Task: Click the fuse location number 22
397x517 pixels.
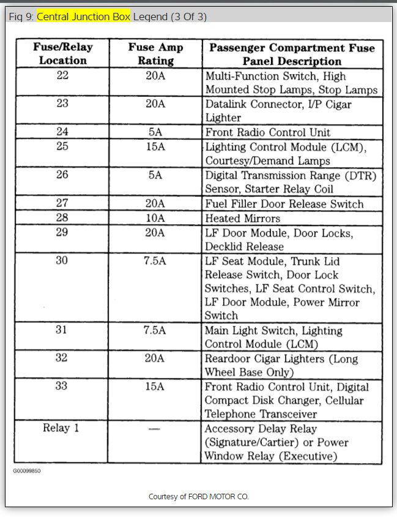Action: pyautogui.click(x=62, y=76)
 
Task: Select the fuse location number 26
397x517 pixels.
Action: pyautogui.click(x=62, y=175)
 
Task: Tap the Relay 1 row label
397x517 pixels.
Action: pyautogui.click(x=61, y=428)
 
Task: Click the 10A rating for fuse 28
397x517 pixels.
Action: pyautogui.click(x=155, y=218)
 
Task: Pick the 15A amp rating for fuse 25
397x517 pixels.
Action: pyautogui.click(x=155, y=146)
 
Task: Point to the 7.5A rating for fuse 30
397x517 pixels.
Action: pyautogui.click(x=155, y=261)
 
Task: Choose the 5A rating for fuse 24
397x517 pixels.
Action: pyautogui.click(x=155, y=131)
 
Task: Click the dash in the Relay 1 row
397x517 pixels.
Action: pyautogui.click(x=155, y=429)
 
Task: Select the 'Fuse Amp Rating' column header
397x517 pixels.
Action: pyautogui.click(x=155, y=54)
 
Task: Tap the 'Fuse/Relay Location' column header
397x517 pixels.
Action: pyautogui.click(x=62, y=54)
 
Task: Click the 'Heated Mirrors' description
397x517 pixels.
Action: pyautogui.click(x=242, y=218)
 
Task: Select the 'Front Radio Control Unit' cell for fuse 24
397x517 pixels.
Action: pyautogui.click(x=267, y=132)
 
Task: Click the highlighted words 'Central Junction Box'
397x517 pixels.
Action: pyautogui.click(x=83, y=17)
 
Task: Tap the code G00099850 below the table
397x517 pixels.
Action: pyautogui.click(x=27, y=471)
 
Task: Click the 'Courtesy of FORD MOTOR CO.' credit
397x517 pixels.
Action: pyautogui.click(x=199, y=496)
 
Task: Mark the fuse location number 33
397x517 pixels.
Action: pyautogui.click(x=62, y=387)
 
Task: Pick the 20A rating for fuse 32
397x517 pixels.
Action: pyautogui.click(x=155, y=358)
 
